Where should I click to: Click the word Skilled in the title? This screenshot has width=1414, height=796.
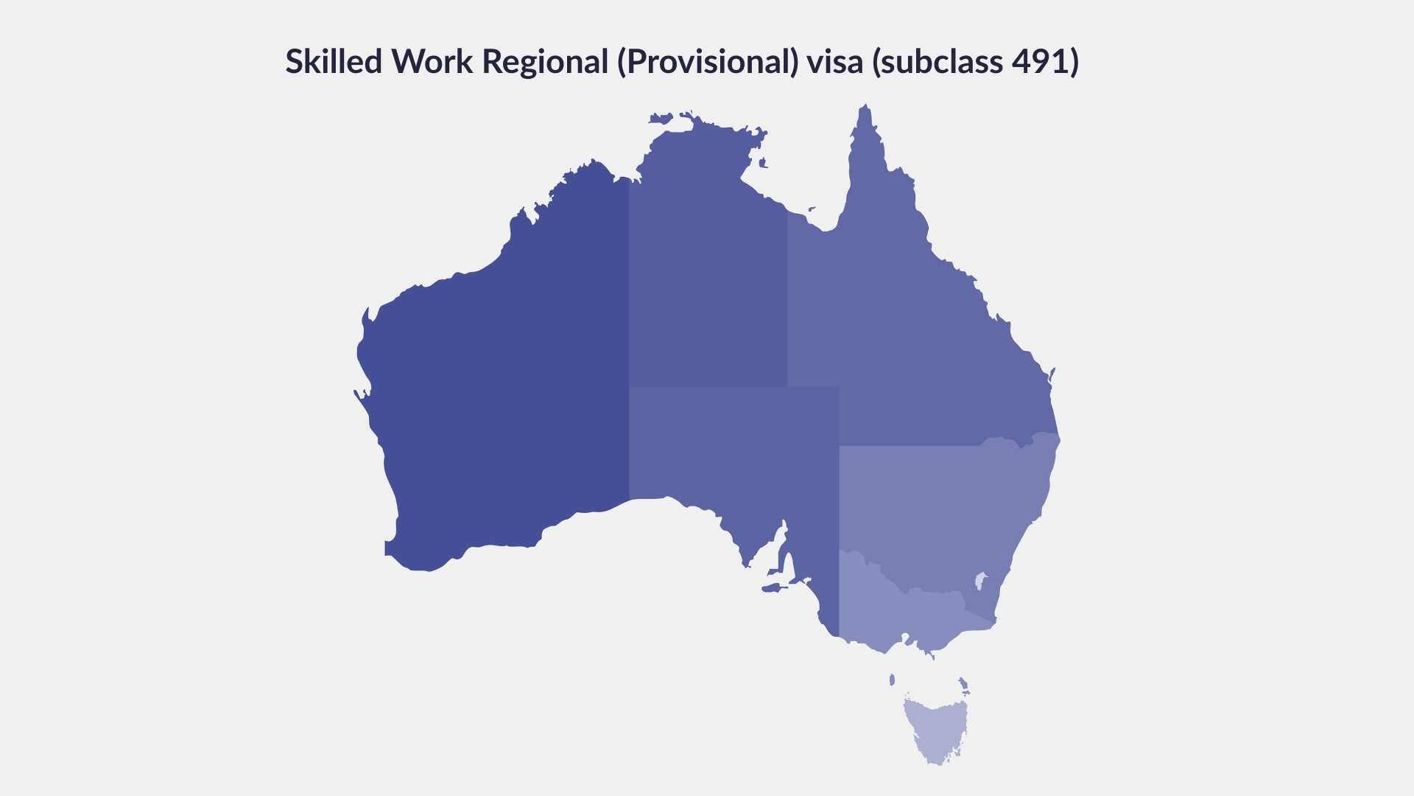click(333, 62)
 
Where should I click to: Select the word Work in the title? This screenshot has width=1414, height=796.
click(432, 62)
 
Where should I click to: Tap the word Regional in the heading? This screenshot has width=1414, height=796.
click(545, 62)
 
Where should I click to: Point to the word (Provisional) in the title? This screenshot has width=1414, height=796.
click(708, 62)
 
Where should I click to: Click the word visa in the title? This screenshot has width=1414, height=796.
click(834, 62)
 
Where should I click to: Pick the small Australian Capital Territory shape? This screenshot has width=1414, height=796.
click(980, 581)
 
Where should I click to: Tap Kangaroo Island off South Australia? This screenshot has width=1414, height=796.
click(772, 588)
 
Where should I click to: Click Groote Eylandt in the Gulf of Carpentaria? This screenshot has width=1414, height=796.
click(763, 163)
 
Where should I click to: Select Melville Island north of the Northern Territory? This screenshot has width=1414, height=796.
click(661, 118)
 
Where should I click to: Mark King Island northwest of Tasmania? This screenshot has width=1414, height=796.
click(892, 680)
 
